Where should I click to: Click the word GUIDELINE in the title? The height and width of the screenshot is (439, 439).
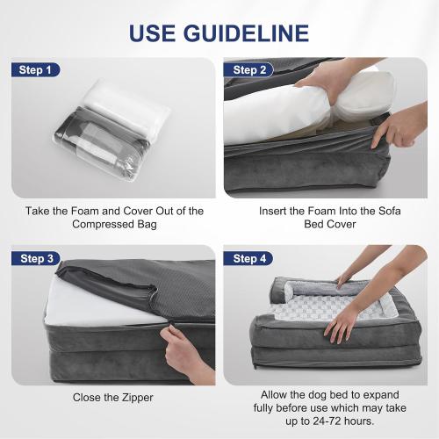(246, 33)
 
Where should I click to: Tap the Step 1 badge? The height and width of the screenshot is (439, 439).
(35, 70)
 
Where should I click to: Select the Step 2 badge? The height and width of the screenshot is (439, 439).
(248, 70)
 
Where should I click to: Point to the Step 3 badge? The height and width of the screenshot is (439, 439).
(36, 258)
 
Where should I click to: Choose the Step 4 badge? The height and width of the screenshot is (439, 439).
(248, 258)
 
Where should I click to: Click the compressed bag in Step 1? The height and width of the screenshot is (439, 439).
(112, 130)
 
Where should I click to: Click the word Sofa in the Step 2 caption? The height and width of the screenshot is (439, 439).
(390, 211)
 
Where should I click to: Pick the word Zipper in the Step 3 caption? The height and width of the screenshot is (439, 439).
(138, 398)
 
